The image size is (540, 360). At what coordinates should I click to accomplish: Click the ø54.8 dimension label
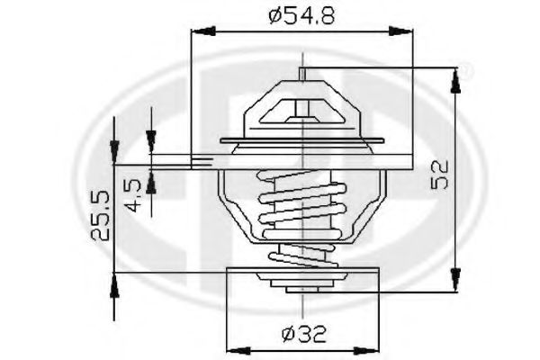click(301, 15)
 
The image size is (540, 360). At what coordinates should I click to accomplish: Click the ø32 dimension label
click(303, 334)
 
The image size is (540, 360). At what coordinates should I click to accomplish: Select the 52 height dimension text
click(440, 174)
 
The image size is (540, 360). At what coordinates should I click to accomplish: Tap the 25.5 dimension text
click(100, 216)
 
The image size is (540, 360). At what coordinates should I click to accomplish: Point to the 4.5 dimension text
click(133, 195)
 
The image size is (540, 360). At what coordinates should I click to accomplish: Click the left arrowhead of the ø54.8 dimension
click(204, 31)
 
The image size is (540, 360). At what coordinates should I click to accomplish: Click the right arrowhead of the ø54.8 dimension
click(400, 32)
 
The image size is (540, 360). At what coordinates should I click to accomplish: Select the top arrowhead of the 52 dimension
click(455, 81)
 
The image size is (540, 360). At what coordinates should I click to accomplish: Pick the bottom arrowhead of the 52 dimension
click(455, 280)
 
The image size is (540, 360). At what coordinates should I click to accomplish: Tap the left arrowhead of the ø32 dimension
click(239, 351)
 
